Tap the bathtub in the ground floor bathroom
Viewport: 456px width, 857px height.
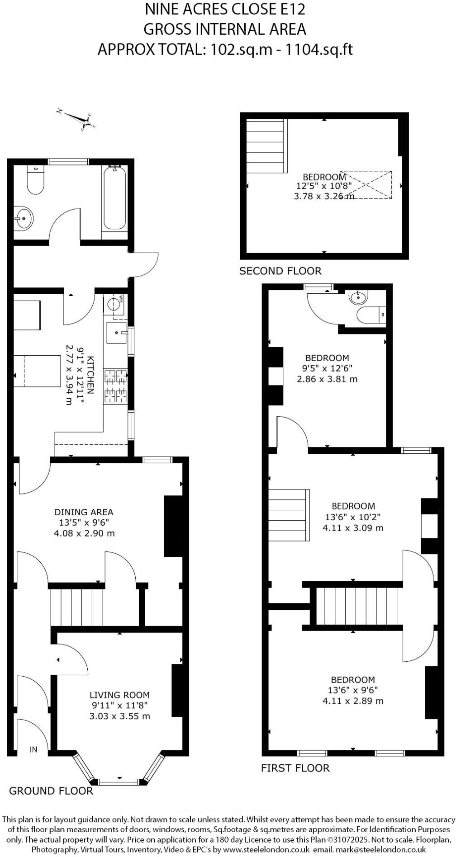click(x=115, y=199)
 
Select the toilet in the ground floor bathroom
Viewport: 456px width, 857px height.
click(x=35, y=181)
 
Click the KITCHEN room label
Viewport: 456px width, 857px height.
click(x=90, y=375)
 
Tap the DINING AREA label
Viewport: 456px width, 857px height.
click(x=84, y=512)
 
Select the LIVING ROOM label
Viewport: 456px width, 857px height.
click(x=119, y=695)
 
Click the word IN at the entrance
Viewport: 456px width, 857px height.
click(x=33, y=750)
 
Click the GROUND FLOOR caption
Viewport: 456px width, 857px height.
click(x=51, y=791)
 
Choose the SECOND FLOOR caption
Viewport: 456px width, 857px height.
click(x=280, y=271)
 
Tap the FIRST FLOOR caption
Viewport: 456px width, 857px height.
click(x=295, y=768)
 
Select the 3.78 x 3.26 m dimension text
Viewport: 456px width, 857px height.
click(x=324, y=196)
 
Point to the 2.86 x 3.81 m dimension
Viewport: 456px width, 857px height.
click(x=327, y=379)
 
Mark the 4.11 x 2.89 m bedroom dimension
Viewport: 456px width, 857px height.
click(x=353, y=701)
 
